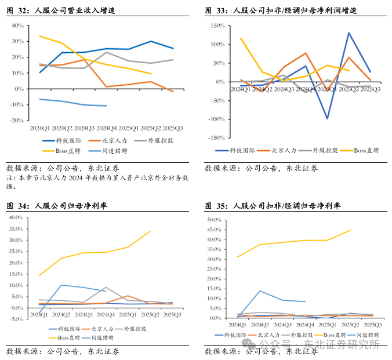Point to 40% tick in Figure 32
click(17, 26)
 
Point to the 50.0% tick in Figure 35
click(214, 220)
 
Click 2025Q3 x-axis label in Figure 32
click(172, 128)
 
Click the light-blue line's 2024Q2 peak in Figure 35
click(260, 291)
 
